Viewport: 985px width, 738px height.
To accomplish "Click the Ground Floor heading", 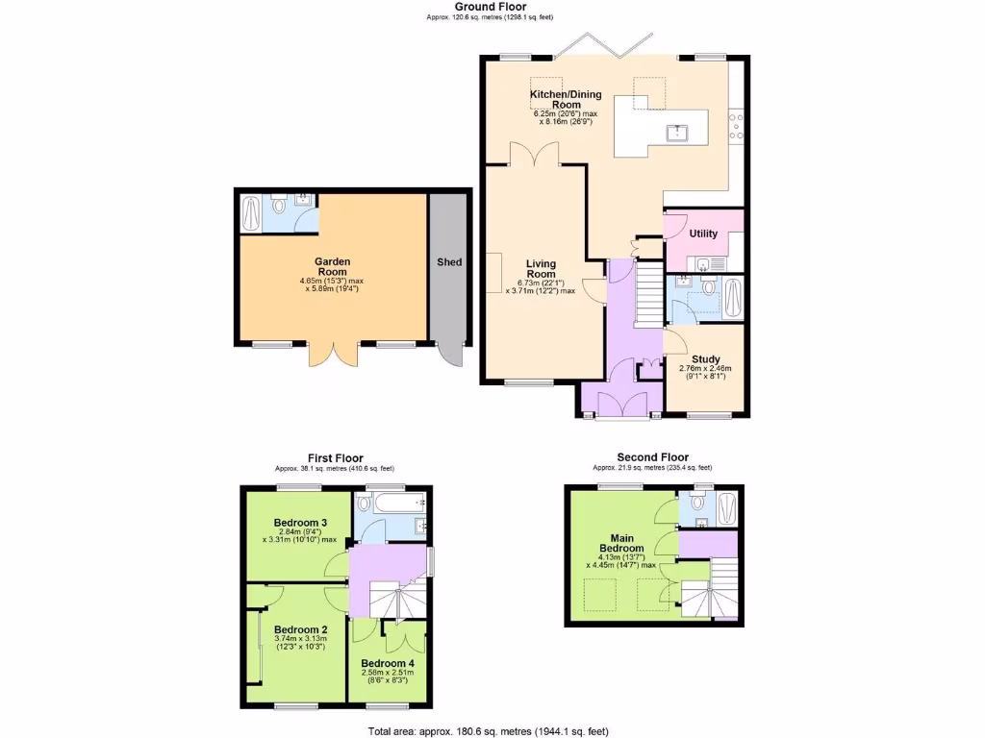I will click(x=491, y=7).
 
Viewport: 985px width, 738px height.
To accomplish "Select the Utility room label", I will click(x=703, y=234).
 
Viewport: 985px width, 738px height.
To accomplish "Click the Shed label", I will click(x=449, y=262).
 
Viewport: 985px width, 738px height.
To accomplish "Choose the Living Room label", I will click(x=541, y=268).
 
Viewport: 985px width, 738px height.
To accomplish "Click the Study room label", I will click(x=706, y=359).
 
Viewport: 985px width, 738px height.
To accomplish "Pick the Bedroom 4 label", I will click(x=389, y=663).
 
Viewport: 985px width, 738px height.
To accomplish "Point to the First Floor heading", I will click(x=334, y=458).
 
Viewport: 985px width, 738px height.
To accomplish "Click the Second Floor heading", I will click(x=653, y=457).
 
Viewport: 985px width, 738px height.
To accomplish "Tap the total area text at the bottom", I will click(x=490, y=731).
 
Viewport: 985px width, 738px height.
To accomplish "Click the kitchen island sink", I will click(x=679, y=132).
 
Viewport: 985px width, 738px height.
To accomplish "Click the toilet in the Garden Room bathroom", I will click(x=279, y=206).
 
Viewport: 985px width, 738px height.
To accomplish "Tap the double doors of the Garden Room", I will click(x=333, y=354).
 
